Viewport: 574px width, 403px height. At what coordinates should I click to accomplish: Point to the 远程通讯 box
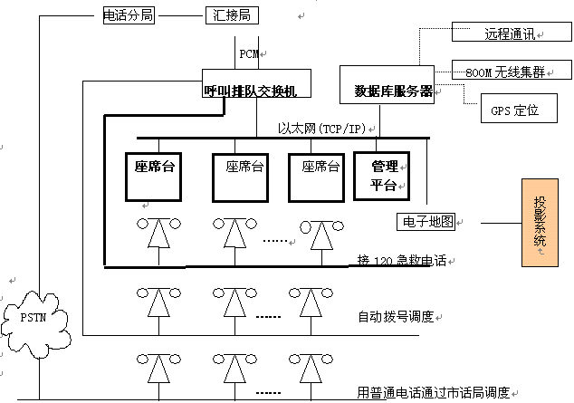pos(511,34)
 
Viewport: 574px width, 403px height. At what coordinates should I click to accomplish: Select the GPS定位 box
pos(513,110)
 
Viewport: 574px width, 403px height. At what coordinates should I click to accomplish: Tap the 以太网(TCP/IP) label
pos(320,130)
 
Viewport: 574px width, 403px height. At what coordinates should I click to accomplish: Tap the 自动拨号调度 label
pos(397,317)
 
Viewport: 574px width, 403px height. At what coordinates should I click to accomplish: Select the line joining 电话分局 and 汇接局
pos(180,14)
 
